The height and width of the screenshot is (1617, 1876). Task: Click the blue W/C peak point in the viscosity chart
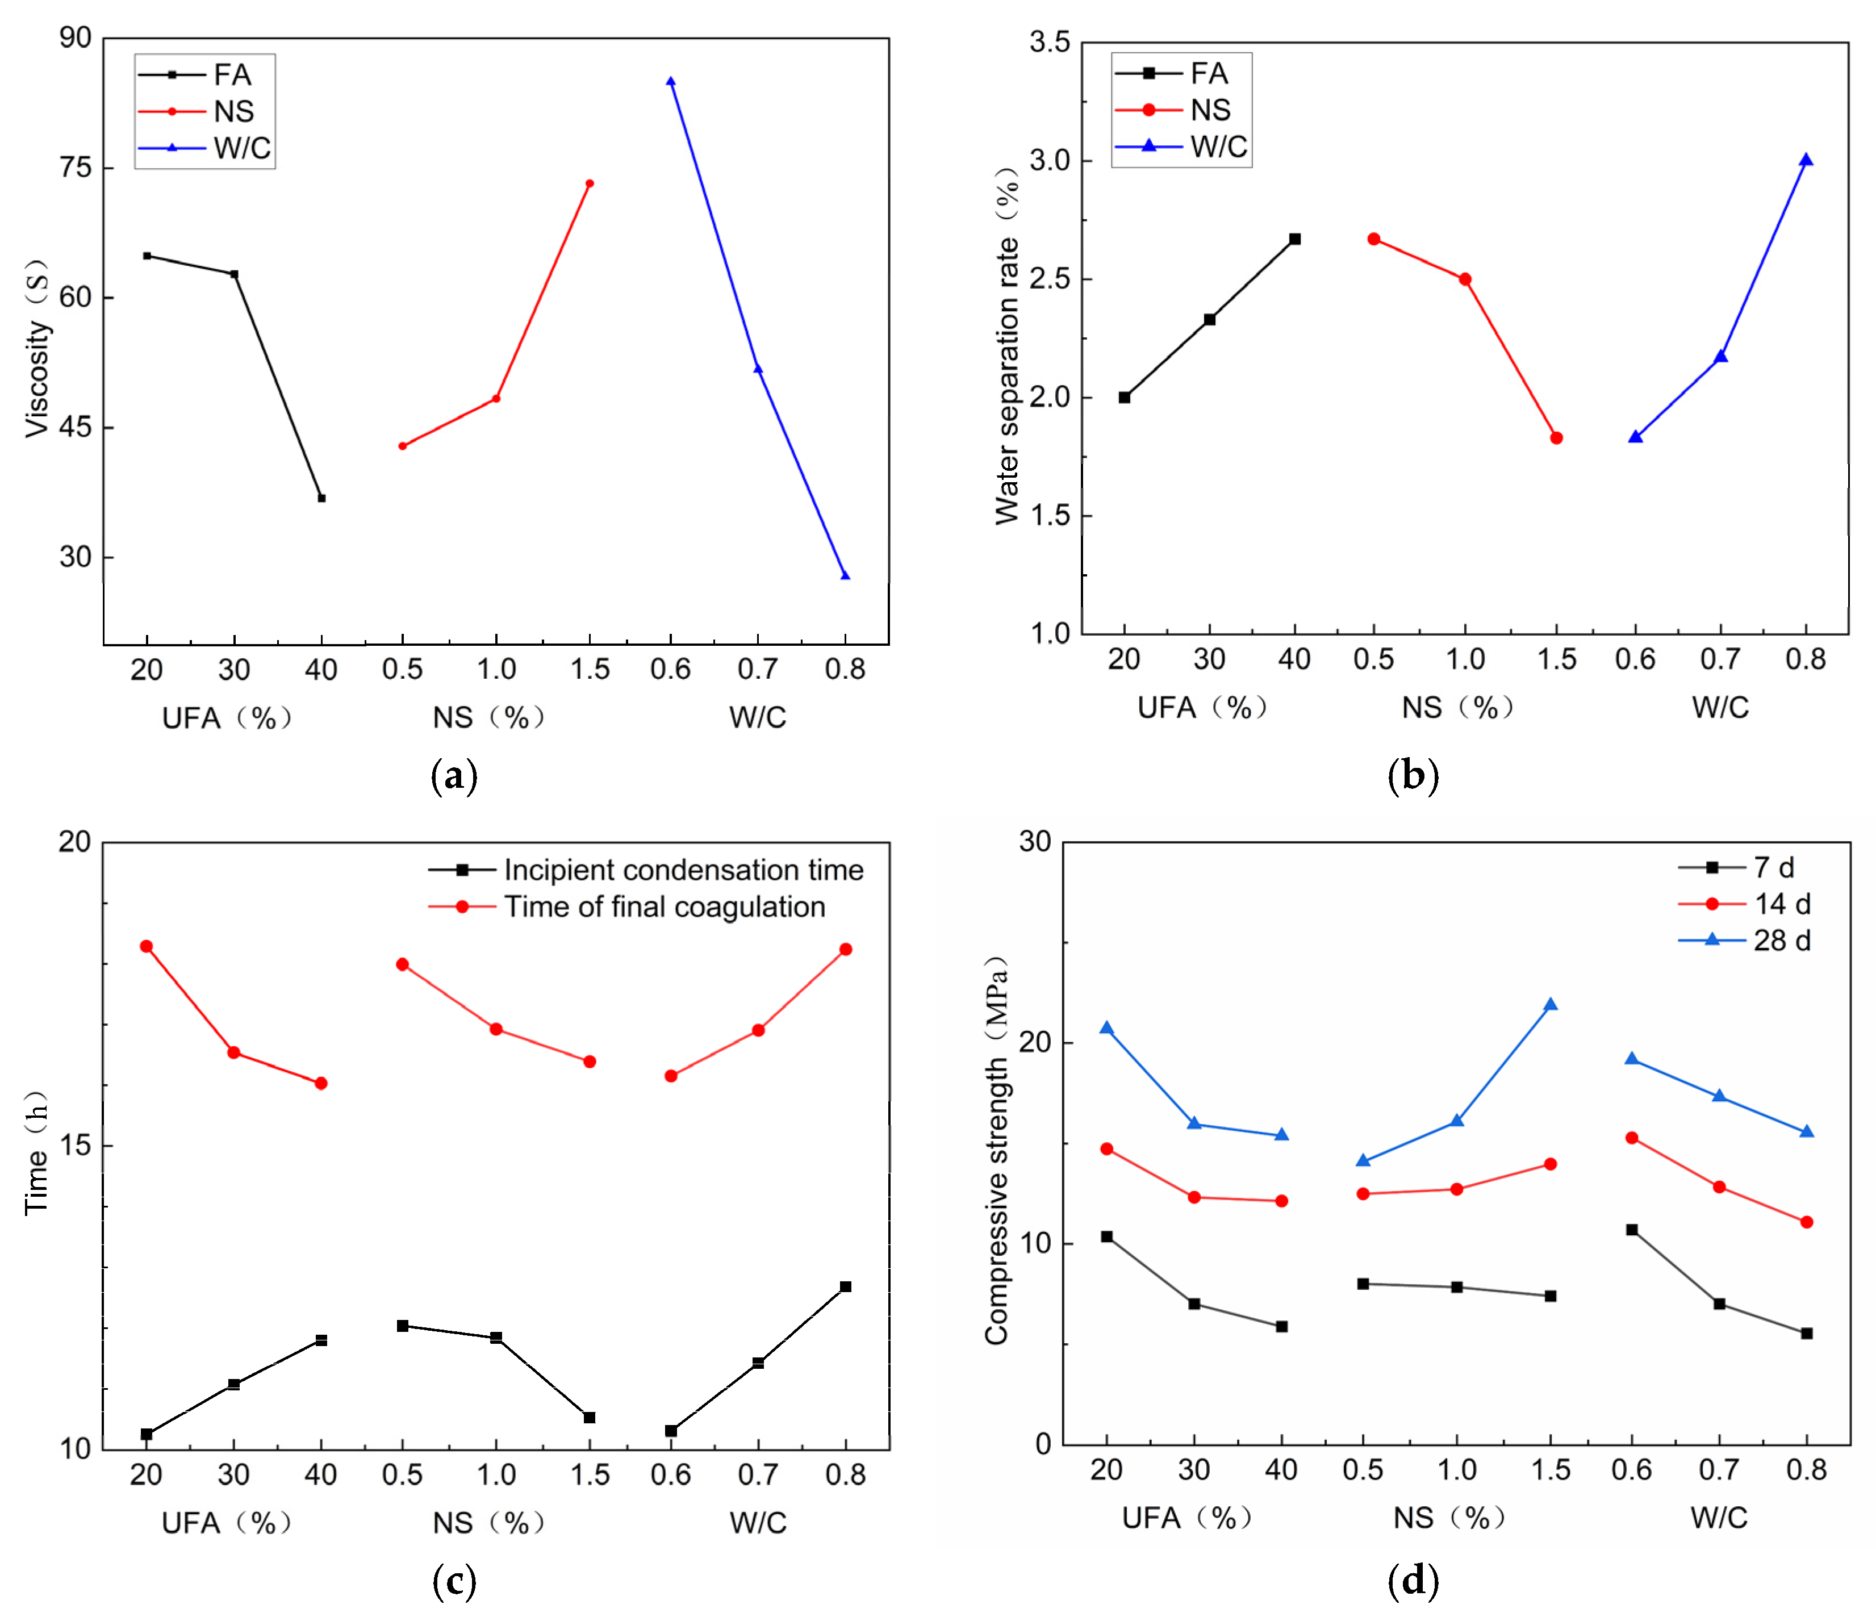pos(671,81)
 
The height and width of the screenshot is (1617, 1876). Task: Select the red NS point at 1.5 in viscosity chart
pos(590,184)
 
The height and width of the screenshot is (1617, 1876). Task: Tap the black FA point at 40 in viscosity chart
pos(321,498)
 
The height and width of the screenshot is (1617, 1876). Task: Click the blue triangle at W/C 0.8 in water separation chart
pos(1806,160)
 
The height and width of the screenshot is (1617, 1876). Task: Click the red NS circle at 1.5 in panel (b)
pos(1556,438)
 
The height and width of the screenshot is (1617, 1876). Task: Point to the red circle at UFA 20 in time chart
pos(147,947)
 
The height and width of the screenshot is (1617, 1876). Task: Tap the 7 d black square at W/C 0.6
pos(1632,1230)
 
